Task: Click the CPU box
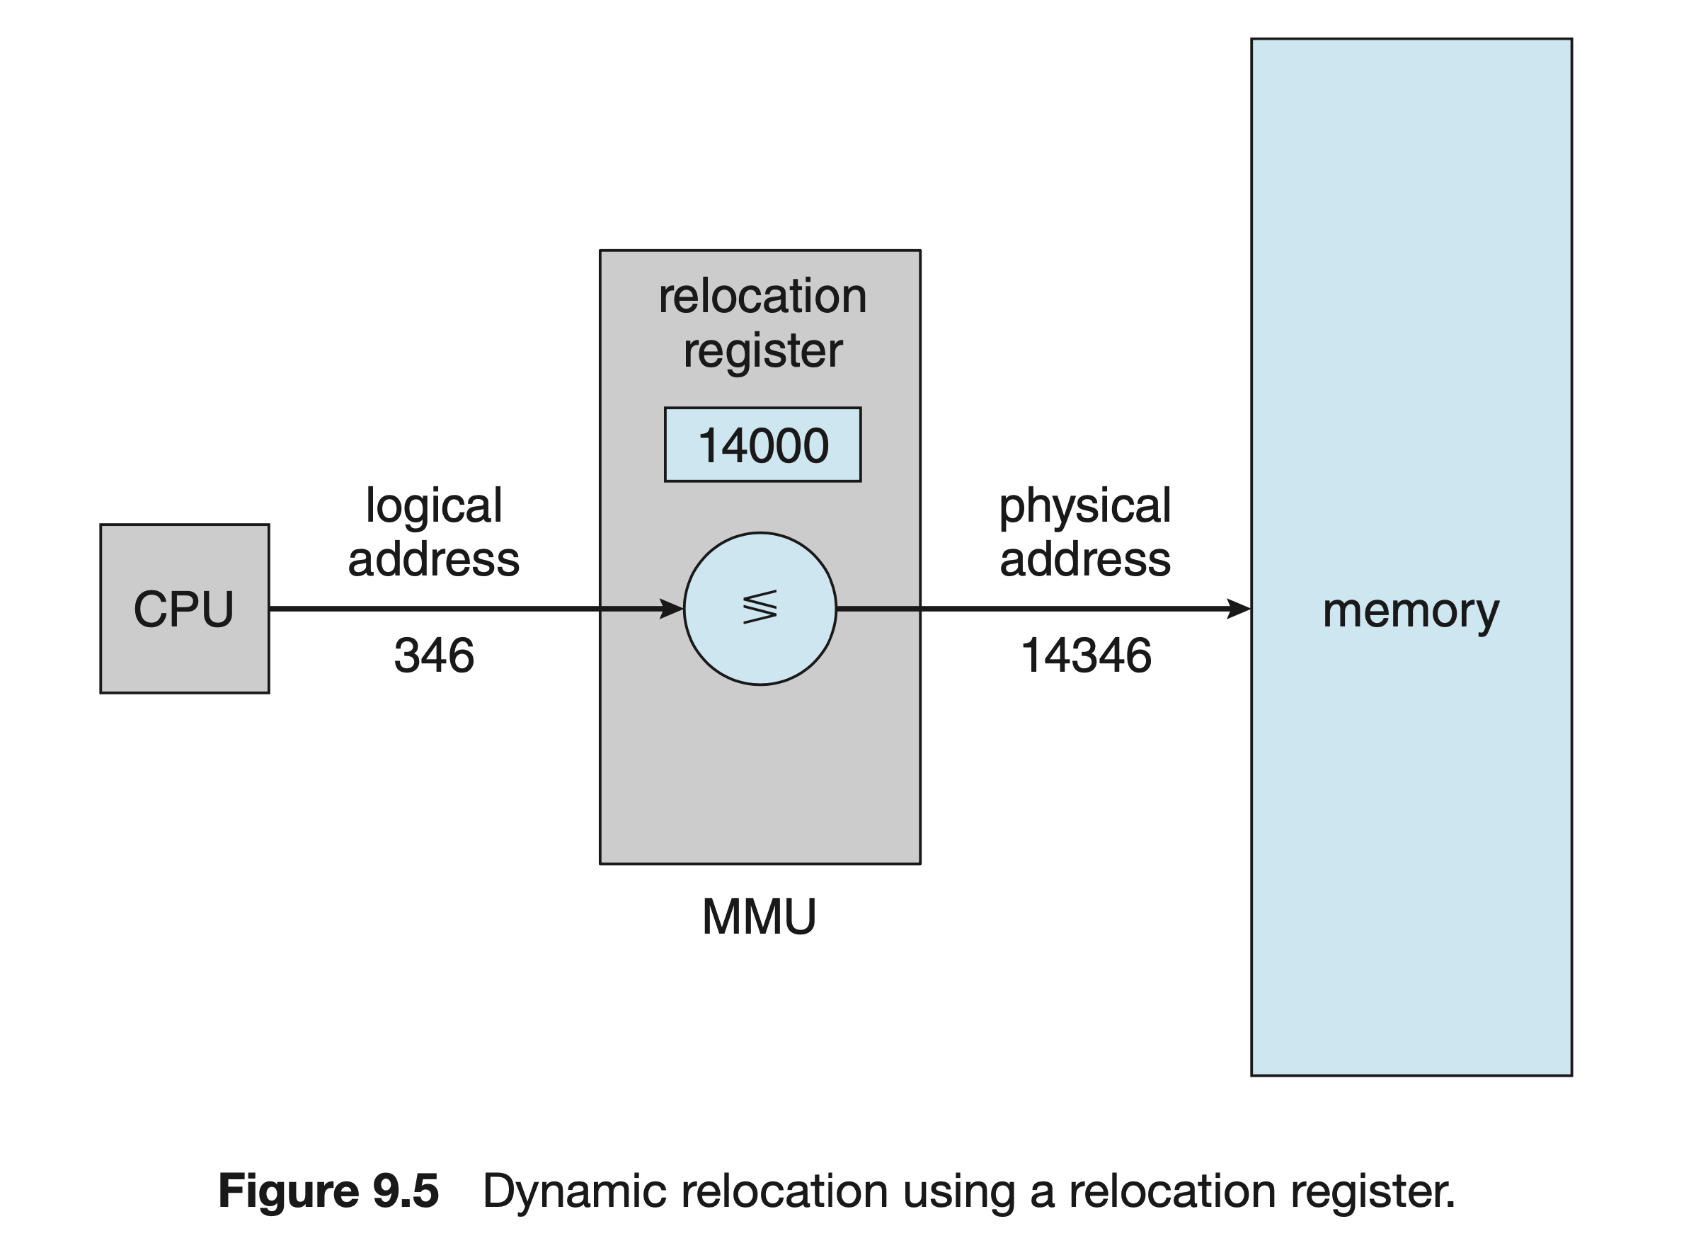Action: (184, 608)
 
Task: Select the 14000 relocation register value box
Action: (762, 444)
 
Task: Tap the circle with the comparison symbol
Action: (760, 608)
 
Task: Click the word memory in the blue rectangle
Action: (1411, 611)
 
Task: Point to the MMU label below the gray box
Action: (759, 917)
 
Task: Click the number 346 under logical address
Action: (434, 655)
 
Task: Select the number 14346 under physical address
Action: (1086, 655)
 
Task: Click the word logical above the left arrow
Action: (434, 505)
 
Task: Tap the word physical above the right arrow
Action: (1085, 505)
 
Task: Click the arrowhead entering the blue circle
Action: (671, 608)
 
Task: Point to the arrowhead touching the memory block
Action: (1239, 608)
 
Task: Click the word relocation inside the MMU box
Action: (762, 296)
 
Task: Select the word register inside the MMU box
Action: (762, 351)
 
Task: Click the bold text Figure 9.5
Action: (328, 1191)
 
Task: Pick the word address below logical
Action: (433, 559)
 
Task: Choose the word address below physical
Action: (1085, 559)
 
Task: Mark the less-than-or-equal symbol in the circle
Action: (760, 608)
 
